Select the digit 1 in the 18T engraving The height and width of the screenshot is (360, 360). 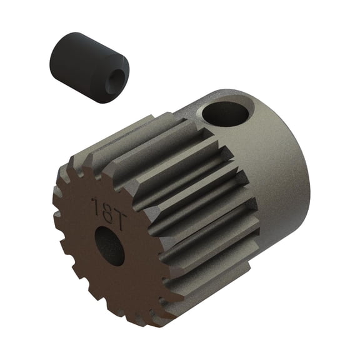(x=93, y=206)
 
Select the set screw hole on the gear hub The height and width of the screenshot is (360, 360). (x=226, y=113)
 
